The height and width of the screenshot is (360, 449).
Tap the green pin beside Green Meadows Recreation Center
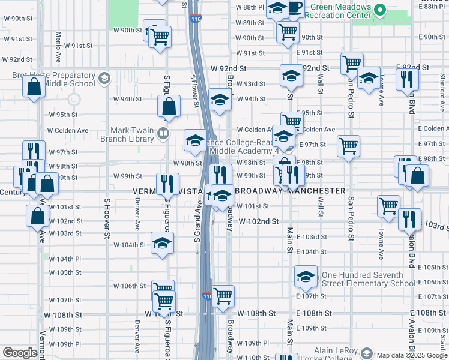pos(379,10)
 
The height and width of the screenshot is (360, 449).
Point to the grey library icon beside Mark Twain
pos(162,133)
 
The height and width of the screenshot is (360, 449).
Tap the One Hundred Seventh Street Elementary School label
pos(368,279)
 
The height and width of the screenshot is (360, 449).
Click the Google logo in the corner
pos(20,353)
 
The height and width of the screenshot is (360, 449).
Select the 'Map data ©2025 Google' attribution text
pos(412,355)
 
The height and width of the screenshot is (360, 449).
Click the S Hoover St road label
pos(107,218)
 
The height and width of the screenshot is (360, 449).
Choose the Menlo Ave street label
pos(59,47)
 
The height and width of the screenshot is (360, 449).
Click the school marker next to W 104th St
pos(161,244)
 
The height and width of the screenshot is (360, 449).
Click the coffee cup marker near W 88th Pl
pos(295,7)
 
